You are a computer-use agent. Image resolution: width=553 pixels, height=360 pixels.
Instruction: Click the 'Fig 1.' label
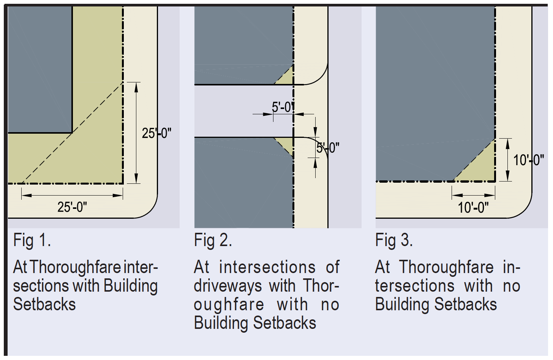32,241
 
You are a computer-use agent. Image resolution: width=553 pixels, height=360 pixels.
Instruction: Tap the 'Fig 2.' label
213,241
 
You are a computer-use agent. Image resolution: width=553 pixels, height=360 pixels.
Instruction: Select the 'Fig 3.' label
393,241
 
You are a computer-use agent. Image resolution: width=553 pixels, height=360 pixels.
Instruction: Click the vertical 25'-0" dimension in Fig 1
156,133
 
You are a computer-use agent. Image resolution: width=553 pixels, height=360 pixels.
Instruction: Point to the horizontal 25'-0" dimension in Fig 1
72,207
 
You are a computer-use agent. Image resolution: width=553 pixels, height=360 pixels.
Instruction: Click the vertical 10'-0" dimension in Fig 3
528,160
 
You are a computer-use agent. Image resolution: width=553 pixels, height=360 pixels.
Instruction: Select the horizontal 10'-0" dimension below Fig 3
473,208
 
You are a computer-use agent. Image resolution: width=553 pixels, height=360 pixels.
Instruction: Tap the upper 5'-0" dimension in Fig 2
283,107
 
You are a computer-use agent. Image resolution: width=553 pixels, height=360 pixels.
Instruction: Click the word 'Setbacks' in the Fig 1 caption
44,305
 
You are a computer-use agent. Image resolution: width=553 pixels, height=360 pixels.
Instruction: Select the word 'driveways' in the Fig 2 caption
228,286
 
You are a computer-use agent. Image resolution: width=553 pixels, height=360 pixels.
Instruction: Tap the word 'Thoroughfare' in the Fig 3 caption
446,267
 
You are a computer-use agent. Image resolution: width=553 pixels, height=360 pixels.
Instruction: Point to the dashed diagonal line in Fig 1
72,133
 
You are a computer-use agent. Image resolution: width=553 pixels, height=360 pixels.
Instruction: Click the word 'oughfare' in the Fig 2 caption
229,305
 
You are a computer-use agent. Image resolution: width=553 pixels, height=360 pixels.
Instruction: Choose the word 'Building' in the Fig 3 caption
403,305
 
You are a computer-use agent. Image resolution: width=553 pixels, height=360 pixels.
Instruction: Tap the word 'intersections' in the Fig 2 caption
267,267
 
